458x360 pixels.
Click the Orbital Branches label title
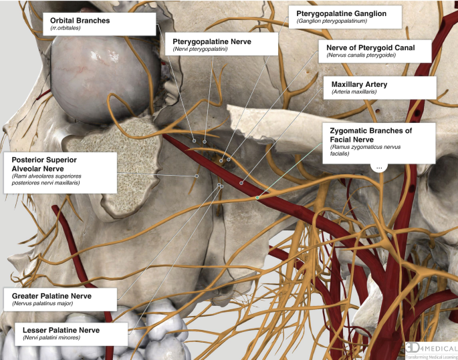click(x=80, y=21)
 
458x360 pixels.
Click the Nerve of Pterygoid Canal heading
click(x=370, y=47)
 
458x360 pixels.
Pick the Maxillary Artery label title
click(x=359, y=84)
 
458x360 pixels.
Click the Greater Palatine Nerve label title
click(x=56, y=295)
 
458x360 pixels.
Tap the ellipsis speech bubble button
click(x=379, y=168)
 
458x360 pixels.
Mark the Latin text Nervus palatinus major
click(x=42, y=303)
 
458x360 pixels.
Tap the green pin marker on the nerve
click(x=257, y=198)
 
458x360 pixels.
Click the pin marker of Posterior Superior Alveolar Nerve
click(x=197, y=176)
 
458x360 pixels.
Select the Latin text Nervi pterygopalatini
click(x=201, y=49)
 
